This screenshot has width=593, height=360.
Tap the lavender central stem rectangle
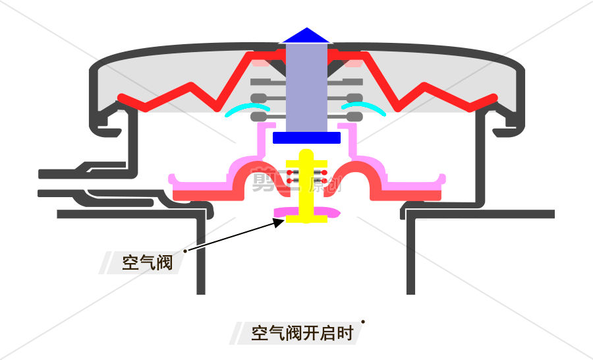(306, 86)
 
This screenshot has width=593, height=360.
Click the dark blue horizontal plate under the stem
(306, 138)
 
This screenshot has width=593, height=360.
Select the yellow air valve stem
(306, 191)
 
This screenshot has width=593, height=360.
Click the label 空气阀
(147, 262)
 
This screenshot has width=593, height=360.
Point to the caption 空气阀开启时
(302, 333)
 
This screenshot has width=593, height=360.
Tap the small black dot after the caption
(363, 322)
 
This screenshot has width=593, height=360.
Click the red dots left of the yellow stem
(291, 176)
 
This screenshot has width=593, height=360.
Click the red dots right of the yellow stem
(324, 176)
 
